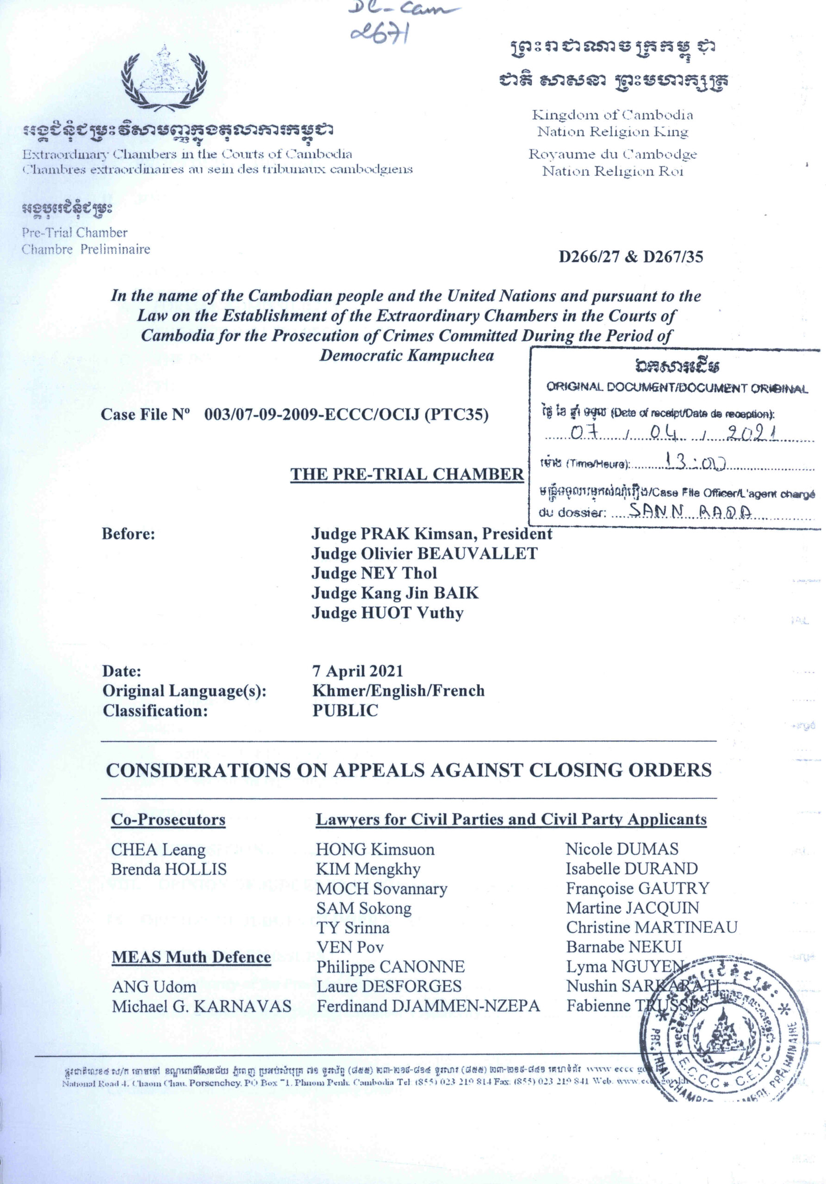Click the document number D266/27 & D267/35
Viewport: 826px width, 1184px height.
click(630, 257)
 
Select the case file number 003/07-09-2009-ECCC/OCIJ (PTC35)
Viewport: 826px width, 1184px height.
click(346, 414)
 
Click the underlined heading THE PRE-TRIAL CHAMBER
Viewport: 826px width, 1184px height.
click(407, 474)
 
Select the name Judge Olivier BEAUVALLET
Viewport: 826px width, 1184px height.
click(424, 553)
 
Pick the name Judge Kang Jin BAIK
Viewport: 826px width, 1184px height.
click(395, 593)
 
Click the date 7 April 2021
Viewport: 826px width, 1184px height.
click(357, 671)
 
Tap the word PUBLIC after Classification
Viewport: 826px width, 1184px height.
click(345, 710)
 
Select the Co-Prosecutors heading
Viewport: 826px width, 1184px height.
click(168, 820)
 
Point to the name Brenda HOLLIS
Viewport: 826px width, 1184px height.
click(169, 869)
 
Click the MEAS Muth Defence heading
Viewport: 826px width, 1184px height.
click(192, 957)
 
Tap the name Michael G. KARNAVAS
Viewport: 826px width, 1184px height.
click(202, 1006)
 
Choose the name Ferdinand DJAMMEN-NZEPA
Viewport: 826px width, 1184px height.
click(428, 1005)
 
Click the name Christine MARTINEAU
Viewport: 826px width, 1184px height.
click(652, 927)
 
